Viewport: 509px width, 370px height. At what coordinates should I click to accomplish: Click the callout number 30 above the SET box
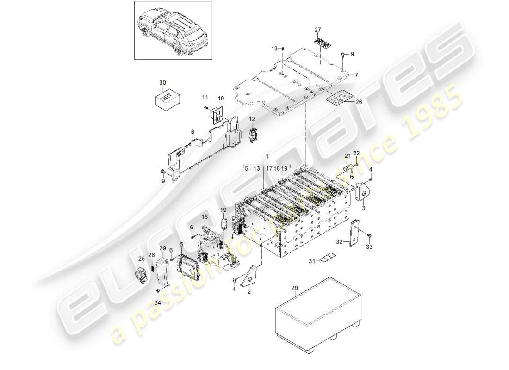[x=162, y=82]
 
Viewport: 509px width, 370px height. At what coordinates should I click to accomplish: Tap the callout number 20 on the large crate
[x=295, y=288]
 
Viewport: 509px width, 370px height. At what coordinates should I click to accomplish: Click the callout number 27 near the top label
[x=317, y=30]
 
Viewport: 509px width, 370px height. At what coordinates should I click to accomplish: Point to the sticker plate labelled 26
[x=338, y=99]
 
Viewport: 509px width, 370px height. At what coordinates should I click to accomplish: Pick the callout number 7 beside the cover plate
[x=356, y=74]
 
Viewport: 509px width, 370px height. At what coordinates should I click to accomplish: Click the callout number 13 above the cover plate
[x=274, y=48]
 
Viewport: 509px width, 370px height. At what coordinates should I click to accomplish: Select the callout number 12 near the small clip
[x=252, y=119]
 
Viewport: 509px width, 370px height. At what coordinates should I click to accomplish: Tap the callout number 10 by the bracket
[x=220, y=99]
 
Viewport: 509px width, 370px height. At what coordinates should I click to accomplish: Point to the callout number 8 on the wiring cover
[x=192, y=132]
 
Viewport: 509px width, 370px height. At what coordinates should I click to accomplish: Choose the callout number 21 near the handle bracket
[x=347, y=155]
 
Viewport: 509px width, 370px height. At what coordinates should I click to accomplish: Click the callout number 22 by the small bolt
[x=356, y=153]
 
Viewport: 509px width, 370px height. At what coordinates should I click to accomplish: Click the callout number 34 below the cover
[x=157, y=303]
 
